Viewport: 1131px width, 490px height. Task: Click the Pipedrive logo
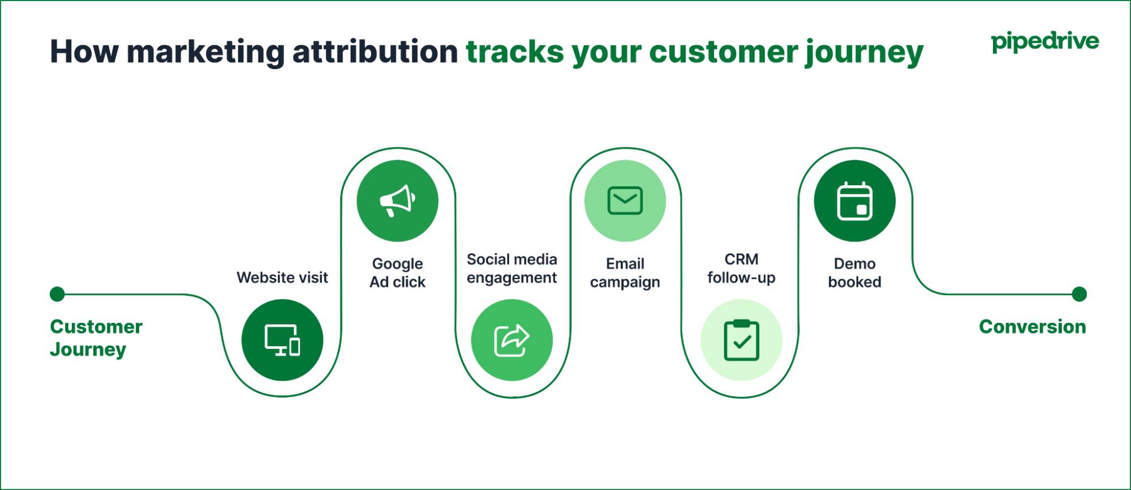pyautogui.click(x=1044, y=42)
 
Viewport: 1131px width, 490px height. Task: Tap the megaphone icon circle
pyautogui.click(x=397, y=201)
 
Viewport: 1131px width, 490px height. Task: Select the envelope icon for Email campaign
pyautogui.click(x=625, y=201)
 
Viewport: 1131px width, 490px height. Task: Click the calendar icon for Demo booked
pyautogui.click(x=854, y=201)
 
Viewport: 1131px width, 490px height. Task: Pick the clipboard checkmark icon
pyautogui.click(x=741, y=340)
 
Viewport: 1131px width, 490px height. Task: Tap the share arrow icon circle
pyautogui.click(x=511, y=340)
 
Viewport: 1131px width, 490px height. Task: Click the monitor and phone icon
pyautogui.click(x=282, y=340)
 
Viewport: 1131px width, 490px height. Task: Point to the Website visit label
pyautogui.click(x=282, y=278)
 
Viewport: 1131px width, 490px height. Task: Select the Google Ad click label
pyautogui.click(x=397, y=272)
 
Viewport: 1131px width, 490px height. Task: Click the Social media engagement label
pyautogui.click(x=511, y=269)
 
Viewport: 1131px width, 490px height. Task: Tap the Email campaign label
pyautogui.click(x=625, y=272)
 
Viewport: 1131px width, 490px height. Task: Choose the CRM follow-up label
pyautogui.click(x=741, y=269)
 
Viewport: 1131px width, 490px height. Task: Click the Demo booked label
pyautogui.click(x=854, y=272)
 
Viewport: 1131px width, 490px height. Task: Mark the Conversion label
pyautogui.click(x=1032, y=327)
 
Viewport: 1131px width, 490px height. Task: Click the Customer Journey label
pyautogui.click(x=96, y=338)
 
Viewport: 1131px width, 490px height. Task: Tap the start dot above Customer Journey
pyautogui.click(x=57, y=294)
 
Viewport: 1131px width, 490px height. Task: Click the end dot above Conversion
pyautogui.click(x=1079, y=294)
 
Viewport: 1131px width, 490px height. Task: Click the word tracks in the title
pyautogui.click(x=514, y=52)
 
